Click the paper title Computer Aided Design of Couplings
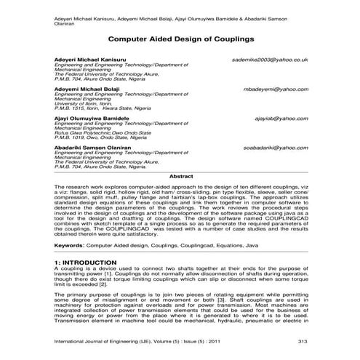[180, 35]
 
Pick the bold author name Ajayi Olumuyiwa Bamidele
[95, 117]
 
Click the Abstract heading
[180, 177]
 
